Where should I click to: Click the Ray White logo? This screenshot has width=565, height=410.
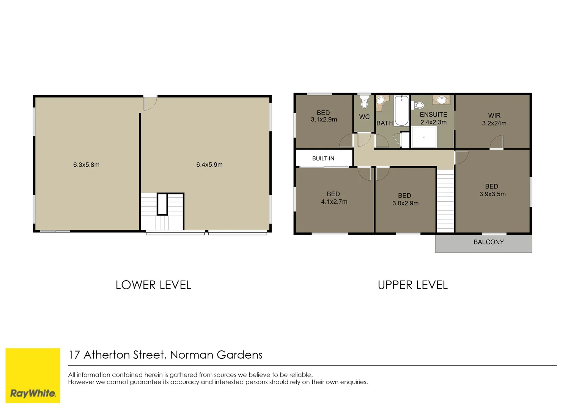[x=33, y=375]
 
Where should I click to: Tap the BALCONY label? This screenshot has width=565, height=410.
[x=488, y=242]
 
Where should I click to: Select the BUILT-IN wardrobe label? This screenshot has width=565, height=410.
[x=323, y=158]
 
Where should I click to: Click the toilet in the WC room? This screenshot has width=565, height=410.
[x=364, y=102]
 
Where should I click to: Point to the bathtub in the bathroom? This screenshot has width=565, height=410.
[x=401, y=110]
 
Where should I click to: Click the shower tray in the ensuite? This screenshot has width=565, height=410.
[x=424, y=137]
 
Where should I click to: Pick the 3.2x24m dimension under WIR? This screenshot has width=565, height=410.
[x=494, y=123]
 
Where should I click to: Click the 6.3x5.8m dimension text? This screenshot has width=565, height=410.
[x=86, y=165]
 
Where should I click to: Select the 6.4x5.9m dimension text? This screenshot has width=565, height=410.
[x=209, y=165]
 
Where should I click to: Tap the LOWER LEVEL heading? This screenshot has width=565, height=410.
[x=153, y=285]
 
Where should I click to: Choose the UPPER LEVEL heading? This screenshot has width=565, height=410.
[x=412, y=285]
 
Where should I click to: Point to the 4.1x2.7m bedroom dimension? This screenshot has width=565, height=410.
[x=334, y=202]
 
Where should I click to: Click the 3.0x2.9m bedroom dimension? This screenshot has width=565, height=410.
[x=405, y=203]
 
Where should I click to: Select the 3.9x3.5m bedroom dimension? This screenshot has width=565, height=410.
[x=492, y=194]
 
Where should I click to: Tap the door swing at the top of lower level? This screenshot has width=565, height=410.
[x=150, y=103]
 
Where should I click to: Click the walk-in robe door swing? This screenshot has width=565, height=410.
[x=496, y=142]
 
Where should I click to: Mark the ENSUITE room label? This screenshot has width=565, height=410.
[x=433, y=115]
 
